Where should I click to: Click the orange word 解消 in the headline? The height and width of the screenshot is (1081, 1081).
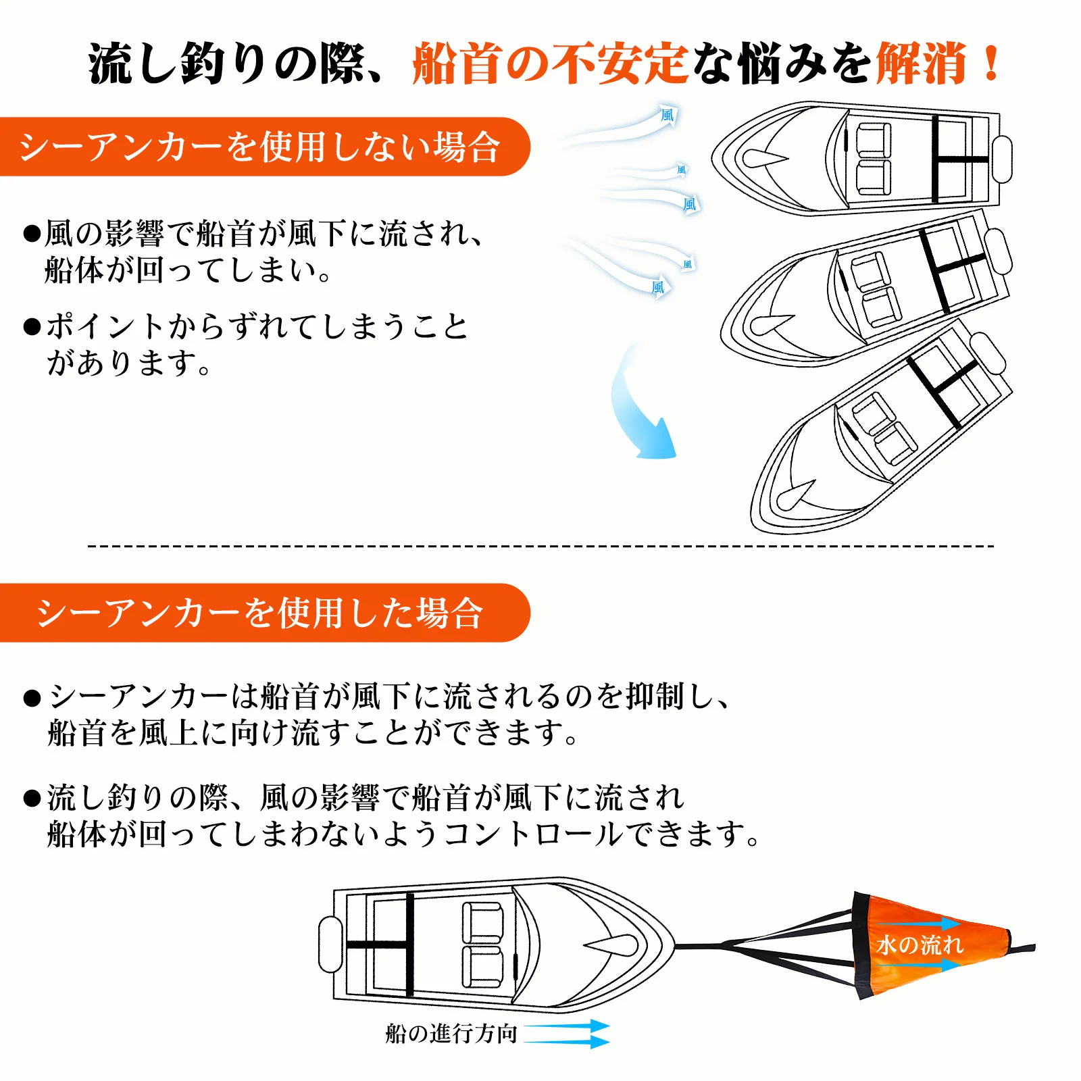[921, 63]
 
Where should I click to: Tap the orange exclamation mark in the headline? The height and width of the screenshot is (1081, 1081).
[991, 63]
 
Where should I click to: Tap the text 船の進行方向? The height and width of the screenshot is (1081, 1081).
[451, 1034]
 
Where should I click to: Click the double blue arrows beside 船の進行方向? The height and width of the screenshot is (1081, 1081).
[566, 1034]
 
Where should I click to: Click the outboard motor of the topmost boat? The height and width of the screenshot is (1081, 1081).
[1002, 159]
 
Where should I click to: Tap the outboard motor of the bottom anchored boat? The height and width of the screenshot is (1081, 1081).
[330, 944]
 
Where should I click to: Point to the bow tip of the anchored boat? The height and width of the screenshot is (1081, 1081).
[674, 946]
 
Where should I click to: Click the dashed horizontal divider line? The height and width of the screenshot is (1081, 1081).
[540, 545]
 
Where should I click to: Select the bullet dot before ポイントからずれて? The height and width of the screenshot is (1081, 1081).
[32, 327]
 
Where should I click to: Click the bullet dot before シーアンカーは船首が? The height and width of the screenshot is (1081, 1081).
[32, 698]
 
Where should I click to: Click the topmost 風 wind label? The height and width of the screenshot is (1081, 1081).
[668, 115]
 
